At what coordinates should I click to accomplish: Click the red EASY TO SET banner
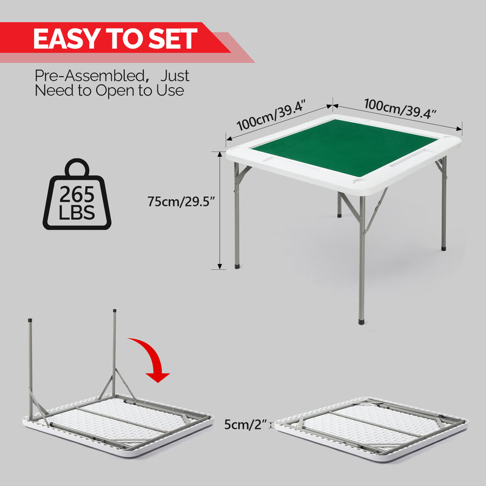click(x=115, y=39)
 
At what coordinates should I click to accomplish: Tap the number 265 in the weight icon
click(x=77, y=195)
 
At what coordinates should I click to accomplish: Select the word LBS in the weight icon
click(x=77, y=213)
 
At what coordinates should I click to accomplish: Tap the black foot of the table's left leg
click(x=237, y=265)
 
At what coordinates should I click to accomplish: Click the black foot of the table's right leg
click(x=443, y=247)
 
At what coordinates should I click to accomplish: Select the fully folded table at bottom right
click(x=371, y=425)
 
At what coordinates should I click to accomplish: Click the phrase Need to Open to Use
click(x=109, y=91)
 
